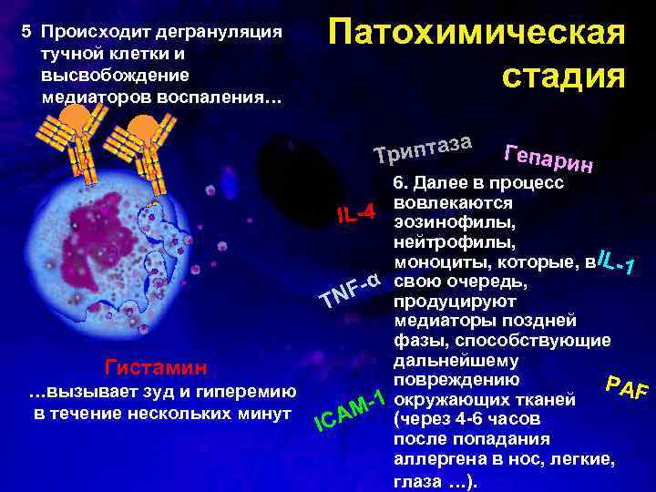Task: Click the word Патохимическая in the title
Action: [477, 33]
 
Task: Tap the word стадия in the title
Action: [563, 77]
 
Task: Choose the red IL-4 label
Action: [355, 214]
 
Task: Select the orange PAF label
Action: [627, 387]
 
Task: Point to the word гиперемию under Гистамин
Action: [244, 393]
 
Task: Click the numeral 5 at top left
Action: [26, 33]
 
